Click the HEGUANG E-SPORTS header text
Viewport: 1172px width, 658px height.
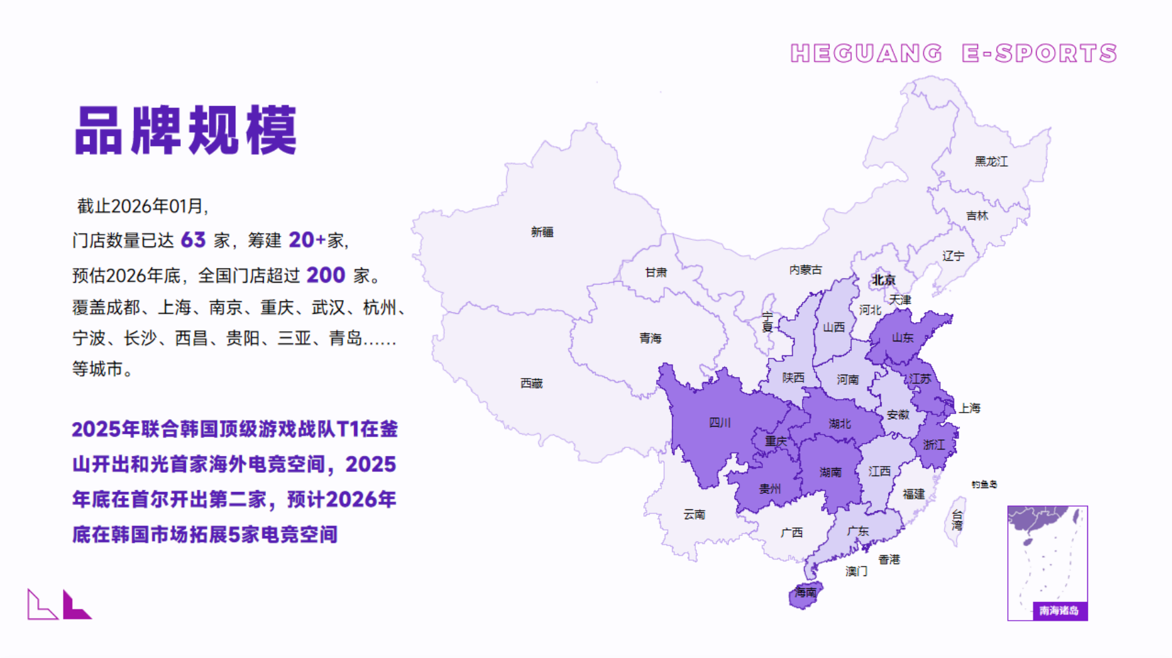pyautogui.click(x=953, y=53)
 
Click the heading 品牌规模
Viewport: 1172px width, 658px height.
pyautogui.click(x=186, y=131)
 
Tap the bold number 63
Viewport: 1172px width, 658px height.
pyautogui.click(x=193, y=240)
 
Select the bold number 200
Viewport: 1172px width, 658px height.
pyautogui.click(x=325, y=275)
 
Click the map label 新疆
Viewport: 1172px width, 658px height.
pyautogui.click(x=542, y=232)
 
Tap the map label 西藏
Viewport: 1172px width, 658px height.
pyautogui.click(x=531, y=383)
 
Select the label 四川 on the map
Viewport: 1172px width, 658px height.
pyautogui.click(x=719, y=422)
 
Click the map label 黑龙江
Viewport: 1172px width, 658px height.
pyautogui.click(x=991, y=161)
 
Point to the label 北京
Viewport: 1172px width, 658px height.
pyautogui.click(x=884, y=280)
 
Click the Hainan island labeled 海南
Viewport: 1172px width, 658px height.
pyautogui.click(x=805, y=593)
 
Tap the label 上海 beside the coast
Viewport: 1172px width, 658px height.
pyautogui.click(x=969, y=408)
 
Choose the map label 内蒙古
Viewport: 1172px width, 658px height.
pyautogui.click(x=805, y=270)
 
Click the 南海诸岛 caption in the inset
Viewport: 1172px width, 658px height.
pyautogui.click(x=1059, y=611)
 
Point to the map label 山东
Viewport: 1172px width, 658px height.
pyautogui.click(x=903, y=337)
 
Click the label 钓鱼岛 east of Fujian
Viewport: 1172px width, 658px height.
pyautogui.click(x=984, y=485)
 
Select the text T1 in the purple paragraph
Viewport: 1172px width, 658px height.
pyautogui.click(x=348, y=429)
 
